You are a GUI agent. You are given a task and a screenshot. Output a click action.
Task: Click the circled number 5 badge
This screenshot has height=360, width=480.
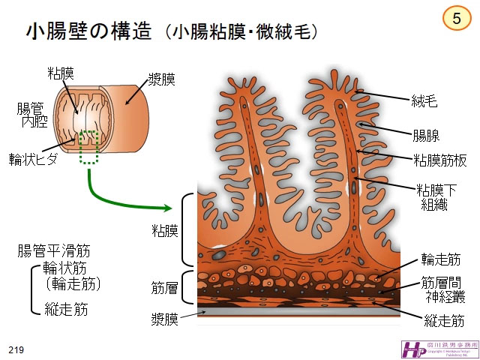click(x=457, y=18)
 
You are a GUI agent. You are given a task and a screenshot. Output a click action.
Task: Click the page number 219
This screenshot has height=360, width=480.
click(x=16, y=350)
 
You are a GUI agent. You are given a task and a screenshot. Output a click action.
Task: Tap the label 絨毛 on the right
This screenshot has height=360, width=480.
click(x=425, y=98)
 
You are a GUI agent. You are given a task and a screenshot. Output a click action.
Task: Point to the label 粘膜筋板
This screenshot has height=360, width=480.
click(x=437, y=159)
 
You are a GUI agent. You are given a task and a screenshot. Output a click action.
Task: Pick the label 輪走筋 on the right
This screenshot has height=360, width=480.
click(x=440, y=259)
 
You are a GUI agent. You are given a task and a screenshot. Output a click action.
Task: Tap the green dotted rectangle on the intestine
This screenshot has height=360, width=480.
click(x=89, y=147)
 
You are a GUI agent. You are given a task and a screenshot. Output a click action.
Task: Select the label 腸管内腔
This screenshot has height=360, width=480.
click(x=33, y=114)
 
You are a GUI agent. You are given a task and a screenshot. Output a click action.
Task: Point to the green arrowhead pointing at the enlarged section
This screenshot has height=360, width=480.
click(x=166, y=207)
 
